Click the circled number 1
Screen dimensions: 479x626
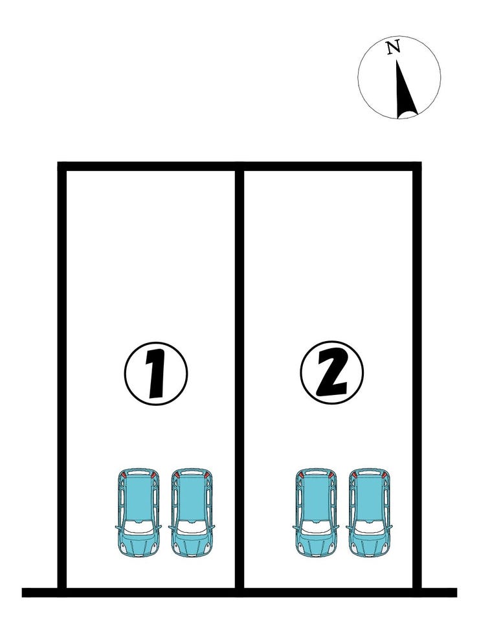(155, 374)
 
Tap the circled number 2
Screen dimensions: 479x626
(331, 372)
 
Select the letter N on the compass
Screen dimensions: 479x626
(394, 47)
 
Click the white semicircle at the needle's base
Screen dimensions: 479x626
(407, 116)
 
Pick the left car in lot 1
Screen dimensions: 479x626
(138, 512)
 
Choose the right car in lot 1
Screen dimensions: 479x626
(192, 512)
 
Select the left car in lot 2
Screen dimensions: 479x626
(316, 512)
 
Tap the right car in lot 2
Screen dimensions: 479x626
(369, 512)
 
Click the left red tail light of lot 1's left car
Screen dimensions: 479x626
(124, 475)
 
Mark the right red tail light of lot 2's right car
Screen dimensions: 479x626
(384, 475)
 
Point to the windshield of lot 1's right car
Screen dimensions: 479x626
(192, 528)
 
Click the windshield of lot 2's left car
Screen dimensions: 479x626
(316, 528)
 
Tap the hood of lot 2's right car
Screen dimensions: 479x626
(369, 545)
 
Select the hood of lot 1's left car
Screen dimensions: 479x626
(138, 545)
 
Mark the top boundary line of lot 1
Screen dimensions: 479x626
(150, 166)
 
